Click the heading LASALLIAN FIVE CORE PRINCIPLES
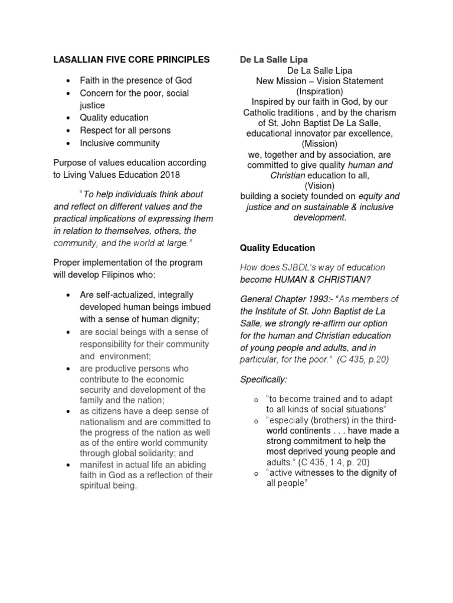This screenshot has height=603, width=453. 131,59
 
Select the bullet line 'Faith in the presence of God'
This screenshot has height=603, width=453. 136,80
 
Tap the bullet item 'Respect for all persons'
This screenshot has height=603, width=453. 125,130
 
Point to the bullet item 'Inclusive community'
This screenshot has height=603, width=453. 120,143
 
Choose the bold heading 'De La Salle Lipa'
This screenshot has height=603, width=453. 274,59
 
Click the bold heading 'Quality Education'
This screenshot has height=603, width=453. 277,248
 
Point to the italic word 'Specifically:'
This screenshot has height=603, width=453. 263,379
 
